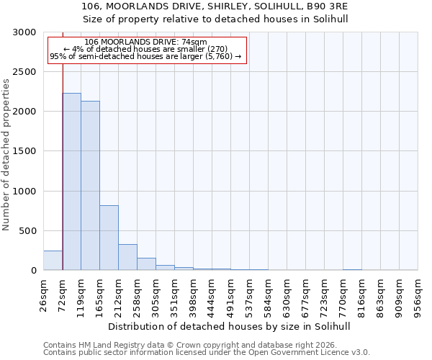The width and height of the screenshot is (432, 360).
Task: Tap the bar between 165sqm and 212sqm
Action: [x=109, y=238]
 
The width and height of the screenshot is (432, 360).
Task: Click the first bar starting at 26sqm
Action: [x=53, y=261]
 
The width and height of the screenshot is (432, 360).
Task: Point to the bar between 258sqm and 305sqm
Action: [x=146, y=264]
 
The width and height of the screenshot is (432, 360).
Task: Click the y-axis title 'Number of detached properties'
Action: [x=6, y=155]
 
